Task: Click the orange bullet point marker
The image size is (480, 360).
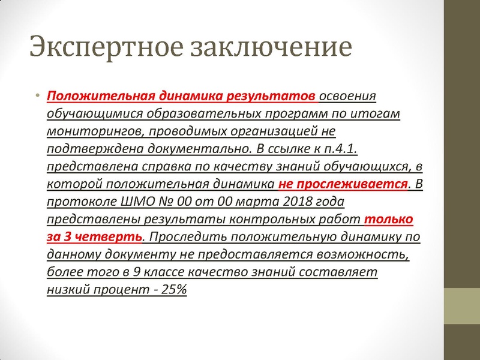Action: point(37,97)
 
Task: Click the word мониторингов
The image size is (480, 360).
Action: point(85,131)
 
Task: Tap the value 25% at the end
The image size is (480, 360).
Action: point(175,289)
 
